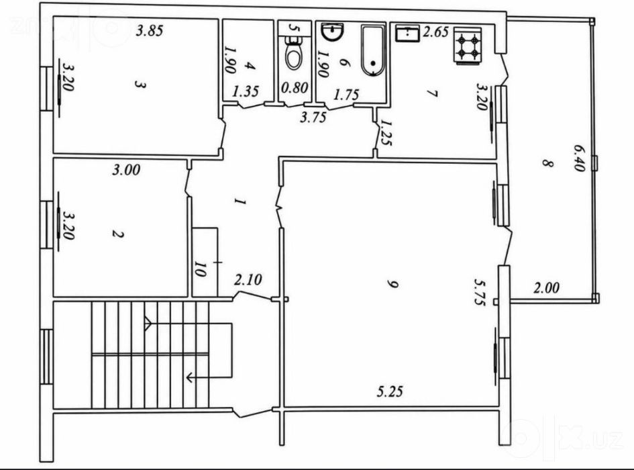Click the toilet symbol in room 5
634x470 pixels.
point(294,54)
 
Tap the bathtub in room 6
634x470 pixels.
point(373,51)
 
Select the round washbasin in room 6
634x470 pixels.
point(332,32)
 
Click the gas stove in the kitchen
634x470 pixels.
point(468,46)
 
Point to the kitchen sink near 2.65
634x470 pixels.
point(408,33)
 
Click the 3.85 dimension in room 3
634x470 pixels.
point(149,31)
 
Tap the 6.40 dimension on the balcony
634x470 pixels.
point(578,158)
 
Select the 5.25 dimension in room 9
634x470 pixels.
point(390,391)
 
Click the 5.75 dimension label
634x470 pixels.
point(480,292)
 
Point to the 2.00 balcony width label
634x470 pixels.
point(546,288)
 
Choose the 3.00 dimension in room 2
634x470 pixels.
point(126,170)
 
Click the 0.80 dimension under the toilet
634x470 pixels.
point(295,87)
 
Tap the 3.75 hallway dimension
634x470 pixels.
point(313,117)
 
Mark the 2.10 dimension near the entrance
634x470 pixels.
point(248,279)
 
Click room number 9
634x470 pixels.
point(391,285)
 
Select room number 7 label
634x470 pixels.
point(432,93)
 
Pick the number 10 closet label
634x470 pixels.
point(200,269)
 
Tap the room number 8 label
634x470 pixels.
point(547,164)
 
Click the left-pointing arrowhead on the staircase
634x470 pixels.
point(189,378)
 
